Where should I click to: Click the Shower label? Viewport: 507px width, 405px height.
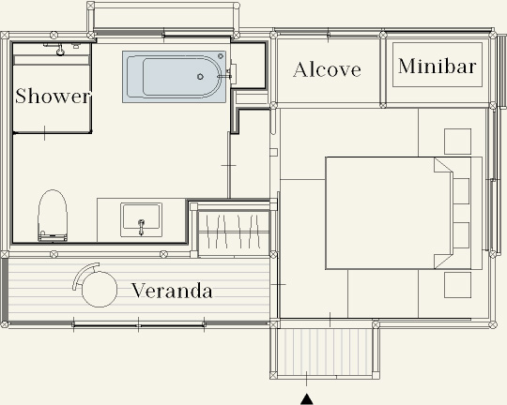pyautogui.click(x=53, y=96)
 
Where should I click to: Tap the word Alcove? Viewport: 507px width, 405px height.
pyautogui.click(x=327, y=69)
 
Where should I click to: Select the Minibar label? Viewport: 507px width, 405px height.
pyautogui.click(x=438, y=67)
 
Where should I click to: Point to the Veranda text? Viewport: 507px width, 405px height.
pyautogui.click(x=172, y=291)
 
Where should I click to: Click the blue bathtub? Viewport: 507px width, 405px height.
pyautogui.click(x=174, y=77)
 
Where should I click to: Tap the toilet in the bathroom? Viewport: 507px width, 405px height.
pyautogui.click(x=53, y=216)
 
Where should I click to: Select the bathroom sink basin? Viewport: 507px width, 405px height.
pyautogui.click(x=141, y=219)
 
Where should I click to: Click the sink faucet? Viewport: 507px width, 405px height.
pyautogui.click(x=141, y=227)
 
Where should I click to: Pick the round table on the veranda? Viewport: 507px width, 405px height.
pyautogui.click(x=100, y=289)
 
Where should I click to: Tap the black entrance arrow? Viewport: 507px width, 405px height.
pyautogui.click(x=306, y=398)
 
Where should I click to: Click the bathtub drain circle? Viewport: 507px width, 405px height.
pyautogui.click(x=200, y=77)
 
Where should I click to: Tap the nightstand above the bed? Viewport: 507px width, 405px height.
pyautogui.click(x=457, y=142)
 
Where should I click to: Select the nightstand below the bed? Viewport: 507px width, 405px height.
pyautogui.click(x=457, y=285)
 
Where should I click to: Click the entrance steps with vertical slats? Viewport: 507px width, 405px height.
pyautogui.click(x=325, y=352)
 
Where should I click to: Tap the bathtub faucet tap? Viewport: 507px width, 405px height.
pyautogui.click(x=225, y=76)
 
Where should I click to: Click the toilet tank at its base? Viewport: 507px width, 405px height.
pyautogui.click(x=53, y=236)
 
